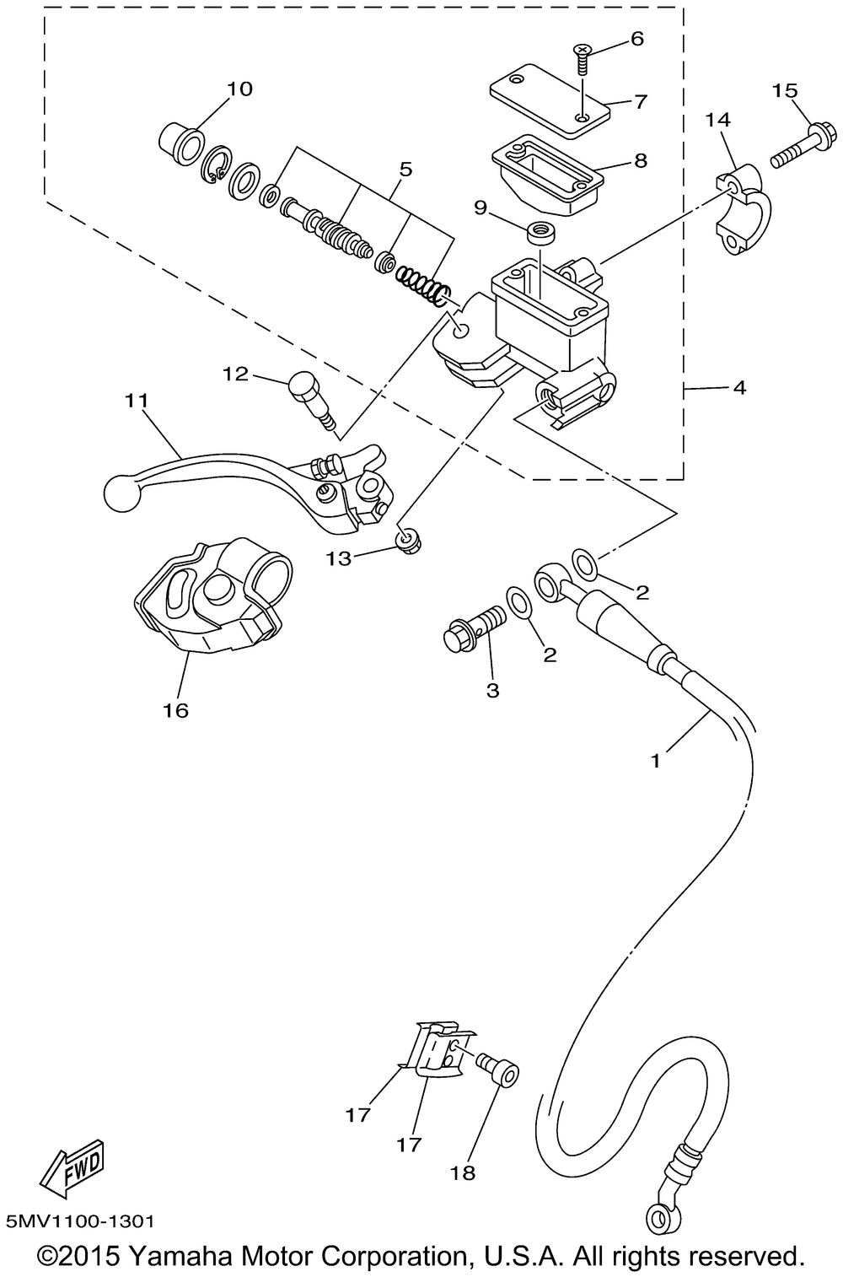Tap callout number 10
tap(239, 89)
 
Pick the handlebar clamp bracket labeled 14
tap(741, 210)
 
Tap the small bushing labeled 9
tap(542, 233)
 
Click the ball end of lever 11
tap(122, 493)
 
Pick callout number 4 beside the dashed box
tap(738, 388)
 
